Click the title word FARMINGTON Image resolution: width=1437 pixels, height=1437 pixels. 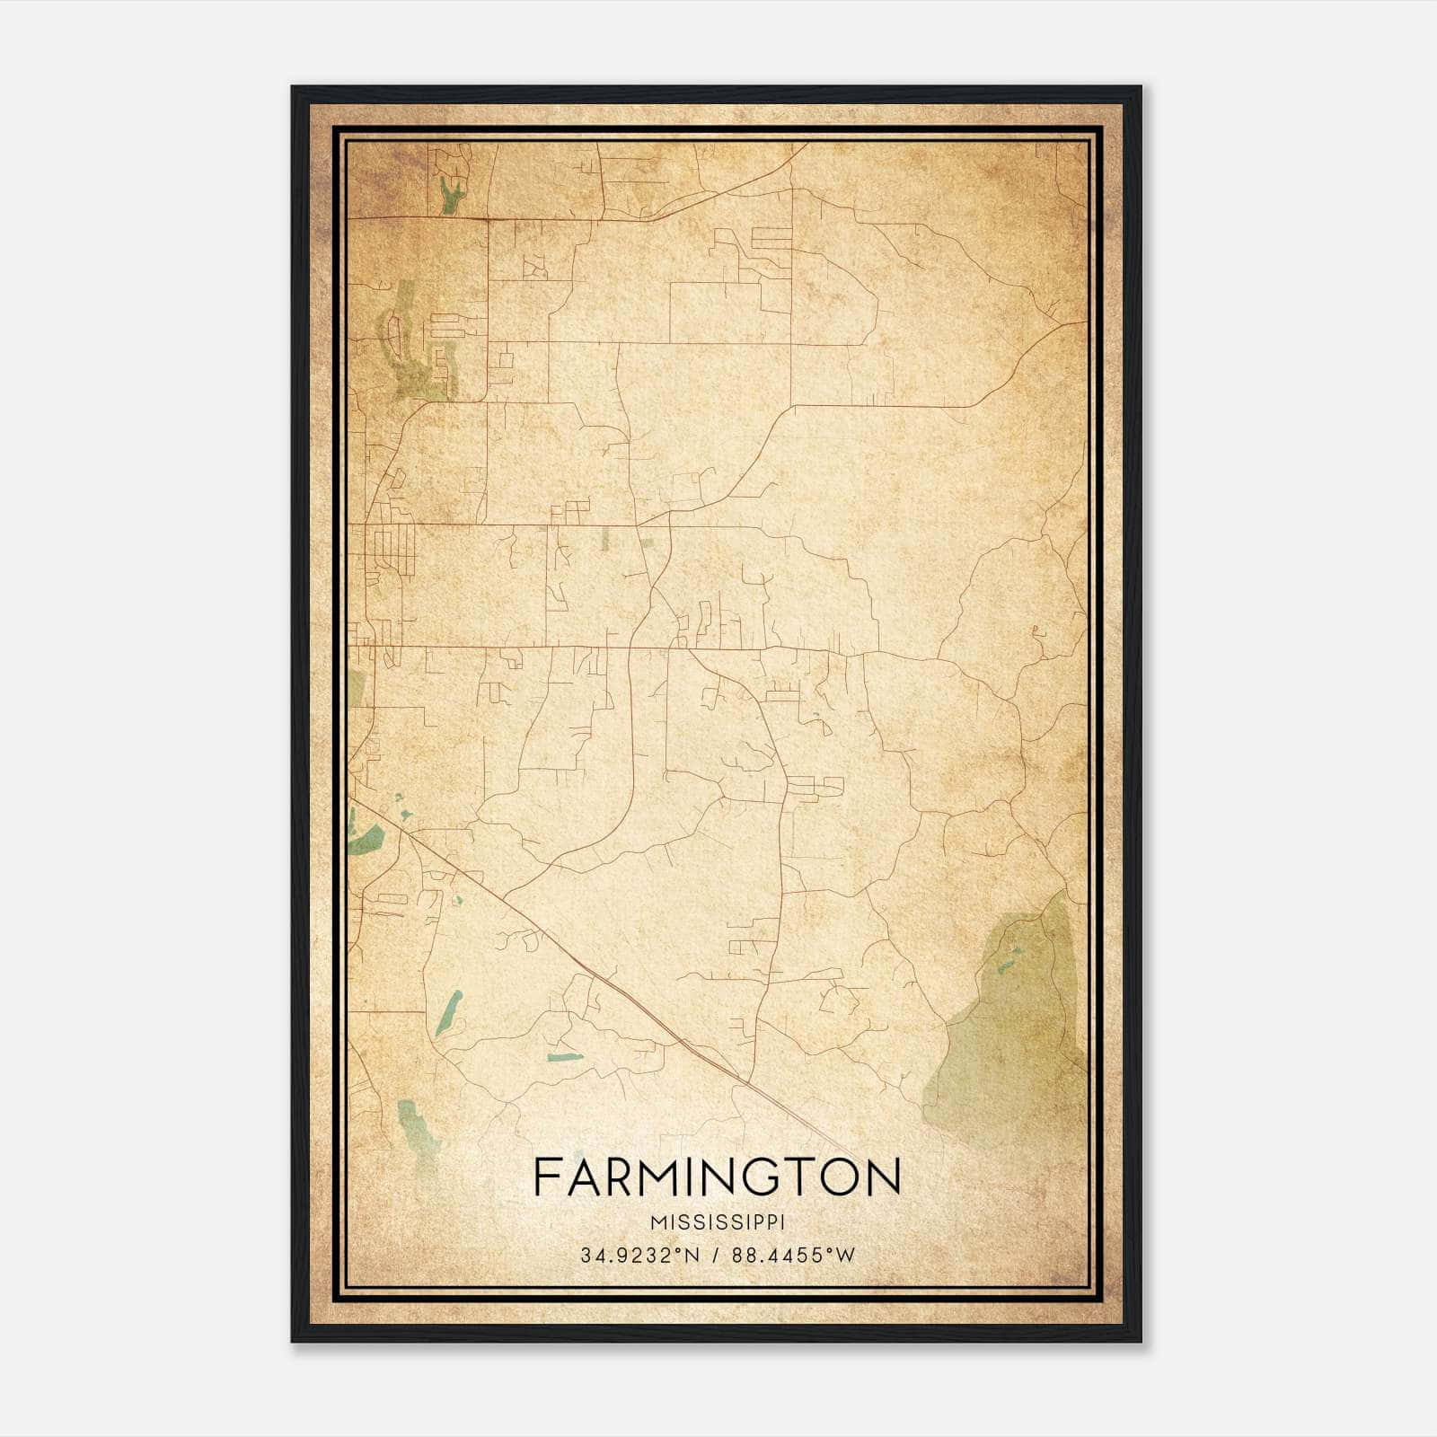[717, 1177]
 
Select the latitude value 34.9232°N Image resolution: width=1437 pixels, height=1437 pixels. [639, 1256]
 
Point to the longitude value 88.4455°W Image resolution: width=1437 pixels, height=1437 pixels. [794, 1256]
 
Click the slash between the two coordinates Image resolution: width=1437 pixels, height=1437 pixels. [716, 1256]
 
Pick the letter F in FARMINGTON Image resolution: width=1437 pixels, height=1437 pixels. [546, 1177]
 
